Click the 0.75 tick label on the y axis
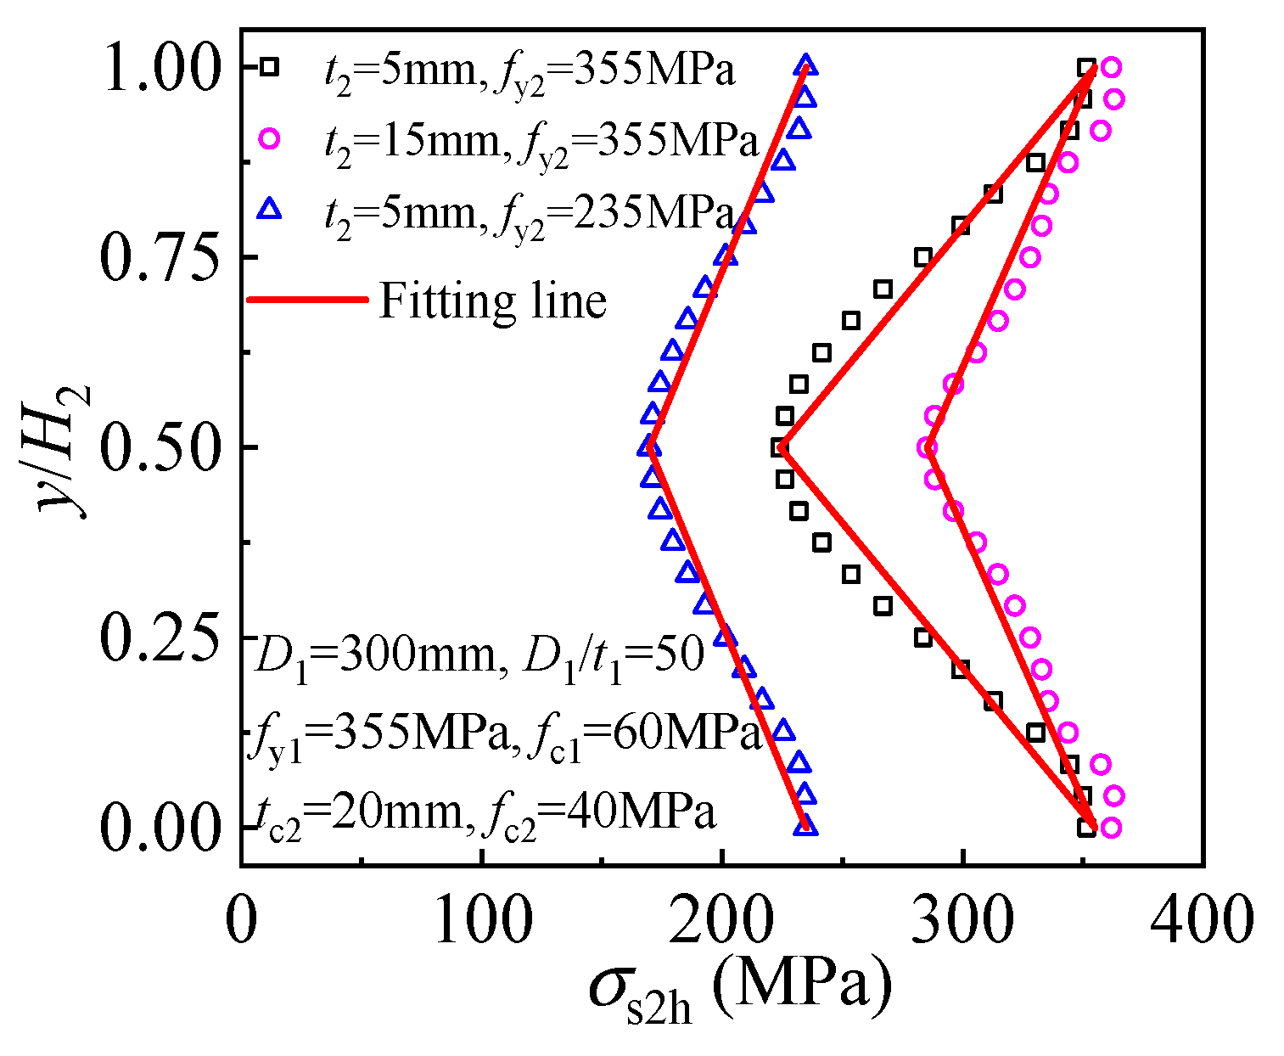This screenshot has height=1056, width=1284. [x=160, y=256]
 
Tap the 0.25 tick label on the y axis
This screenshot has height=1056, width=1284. [x=160, y=637]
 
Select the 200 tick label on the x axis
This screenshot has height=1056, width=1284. [x=721, y=920]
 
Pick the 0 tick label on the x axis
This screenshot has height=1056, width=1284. [x=242, y=920]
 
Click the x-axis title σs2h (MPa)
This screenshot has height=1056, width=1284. [x=740, y=989]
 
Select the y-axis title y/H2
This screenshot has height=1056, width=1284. [x=66, y=447]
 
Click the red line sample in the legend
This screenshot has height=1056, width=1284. [x=307, y=300]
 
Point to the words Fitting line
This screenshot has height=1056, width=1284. [x=492, y=301]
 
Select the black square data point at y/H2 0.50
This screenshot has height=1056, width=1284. [x=779, y=447]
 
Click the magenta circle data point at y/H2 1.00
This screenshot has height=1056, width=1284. [x=1111, y=67]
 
